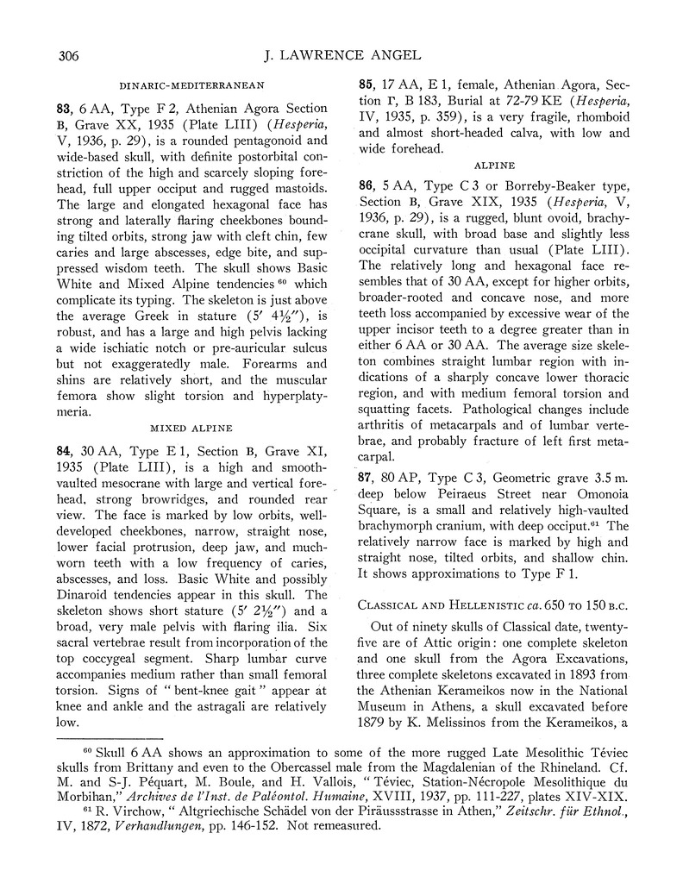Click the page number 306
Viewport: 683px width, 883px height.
click(68, 58)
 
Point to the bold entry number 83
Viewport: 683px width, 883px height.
click(63, 109)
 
